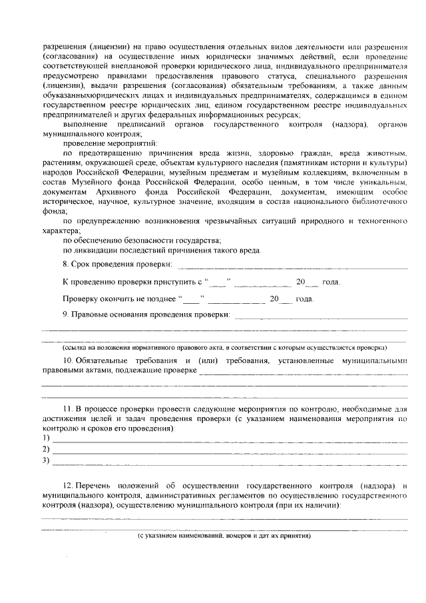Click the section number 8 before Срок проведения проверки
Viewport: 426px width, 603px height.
(x=65, y=265)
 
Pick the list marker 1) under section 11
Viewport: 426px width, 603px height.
(x=46, y=438)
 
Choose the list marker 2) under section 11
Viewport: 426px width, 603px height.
(x=46, y=448)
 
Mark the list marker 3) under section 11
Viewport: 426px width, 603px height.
(x=46, y=460)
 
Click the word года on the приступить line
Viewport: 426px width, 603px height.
(x=331, y=283)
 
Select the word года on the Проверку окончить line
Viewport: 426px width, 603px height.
(x=304, y=299)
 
